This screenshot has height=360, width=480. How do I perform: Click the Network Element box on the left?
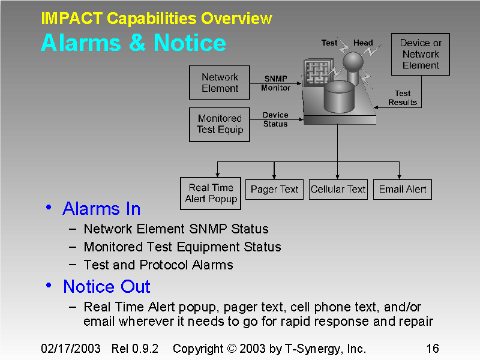click(x=220, y=83)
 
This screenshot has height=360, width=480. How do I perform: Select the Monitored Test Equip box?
click(x=220, y=124)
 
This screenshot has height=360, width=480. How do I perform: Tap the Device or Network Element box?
click(x=421, y=55)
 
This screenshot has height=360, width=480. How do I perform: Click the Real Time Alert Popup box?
click(x=211, y=193)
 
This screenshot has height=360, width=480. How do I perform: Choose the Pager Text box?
click(x=274, y=189)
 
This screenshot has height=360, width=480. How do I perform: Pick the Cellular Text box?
click(x=338, y=189)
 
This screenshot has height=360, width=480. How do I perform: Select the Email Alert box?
click(x=403, y=189)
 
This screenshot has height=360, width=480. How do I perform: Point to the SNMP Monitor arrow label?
click(x=275, y=83)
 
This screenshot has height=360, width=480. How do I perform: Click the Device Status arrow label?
click(x=275, y=119)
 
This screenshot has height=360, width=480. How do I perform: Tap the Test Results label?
click(x=403, y=98)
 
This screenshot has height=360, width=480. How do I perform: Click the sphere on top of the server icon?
click(x=353, y=62)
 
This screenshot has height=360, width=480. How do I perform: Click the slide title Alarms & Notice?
click(x=133, y=43)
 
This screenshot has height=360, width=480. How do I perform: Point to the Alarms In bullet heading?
click(x=101, y=209)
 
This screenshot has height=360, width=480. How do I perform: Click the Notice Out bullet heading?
click(x=106, y=287)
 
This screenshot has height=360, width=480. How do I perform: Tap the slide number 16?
click(x=432, y=349)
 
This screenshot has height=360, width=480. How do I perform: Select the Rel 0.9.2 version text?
click(x=135, y=349)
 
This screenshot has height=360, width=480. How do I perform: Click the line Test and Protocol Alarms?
click(x=158, y=265)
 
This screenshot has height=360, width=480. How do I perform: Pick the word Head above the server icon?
click(x=363, y=43)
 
